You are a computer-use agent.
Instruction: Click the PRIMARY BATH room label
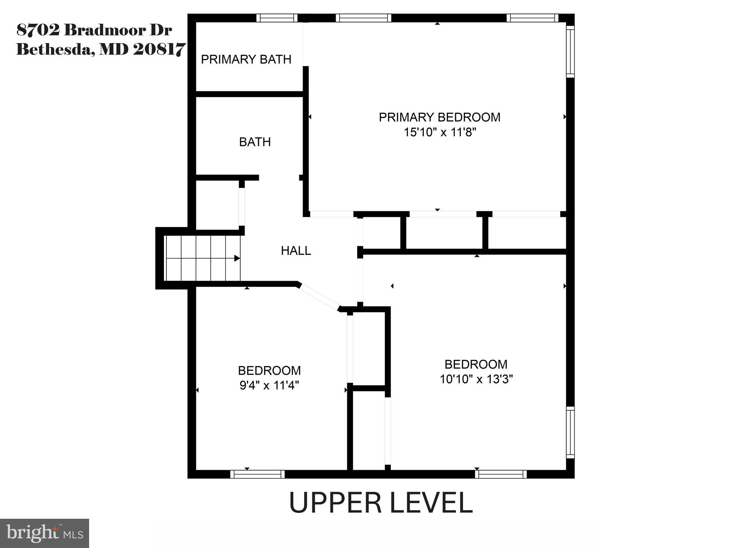click(246, 59)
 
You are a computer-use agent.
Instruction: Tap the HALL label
click(296, 251)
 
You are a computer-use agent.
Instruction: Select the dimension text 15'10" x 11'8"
click(440, 132)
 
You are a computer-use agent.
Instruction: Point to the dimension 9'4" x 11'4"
click(269, 386)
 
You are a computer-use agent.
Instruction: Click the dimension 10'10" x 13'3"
click(476, 379)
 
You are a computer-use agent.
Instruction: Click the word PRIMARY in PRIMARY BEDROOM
click(406, 117)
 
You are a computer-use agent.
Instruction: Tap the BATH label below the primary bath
click(255, 142)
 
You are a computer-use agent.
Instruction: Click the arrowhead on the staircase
click(237, 258)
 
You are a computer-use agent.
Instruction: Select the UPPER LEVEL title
click(380, 503)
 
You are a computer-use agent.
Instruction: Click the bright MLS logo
click(45, 533)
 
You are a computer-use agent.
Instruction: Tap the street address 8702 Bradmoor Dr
click(94, 30)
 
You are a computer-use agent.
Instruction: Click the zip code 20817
click(159, 50)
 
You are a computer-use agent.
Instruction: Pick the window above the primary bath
click(277, 18)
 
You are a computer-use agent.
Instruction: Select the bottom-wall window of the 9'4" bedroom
click(257, 474)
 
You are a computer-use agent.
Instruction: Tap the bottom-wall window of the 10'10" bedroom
click(501, 474)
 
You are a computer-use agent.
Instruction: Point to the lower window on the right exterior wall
click(570, 432)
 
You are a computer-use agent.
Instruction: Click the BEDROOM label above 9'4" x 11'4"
click(269, 371)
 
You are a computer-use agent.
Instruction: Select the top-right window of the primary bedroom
click(532, 18)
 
